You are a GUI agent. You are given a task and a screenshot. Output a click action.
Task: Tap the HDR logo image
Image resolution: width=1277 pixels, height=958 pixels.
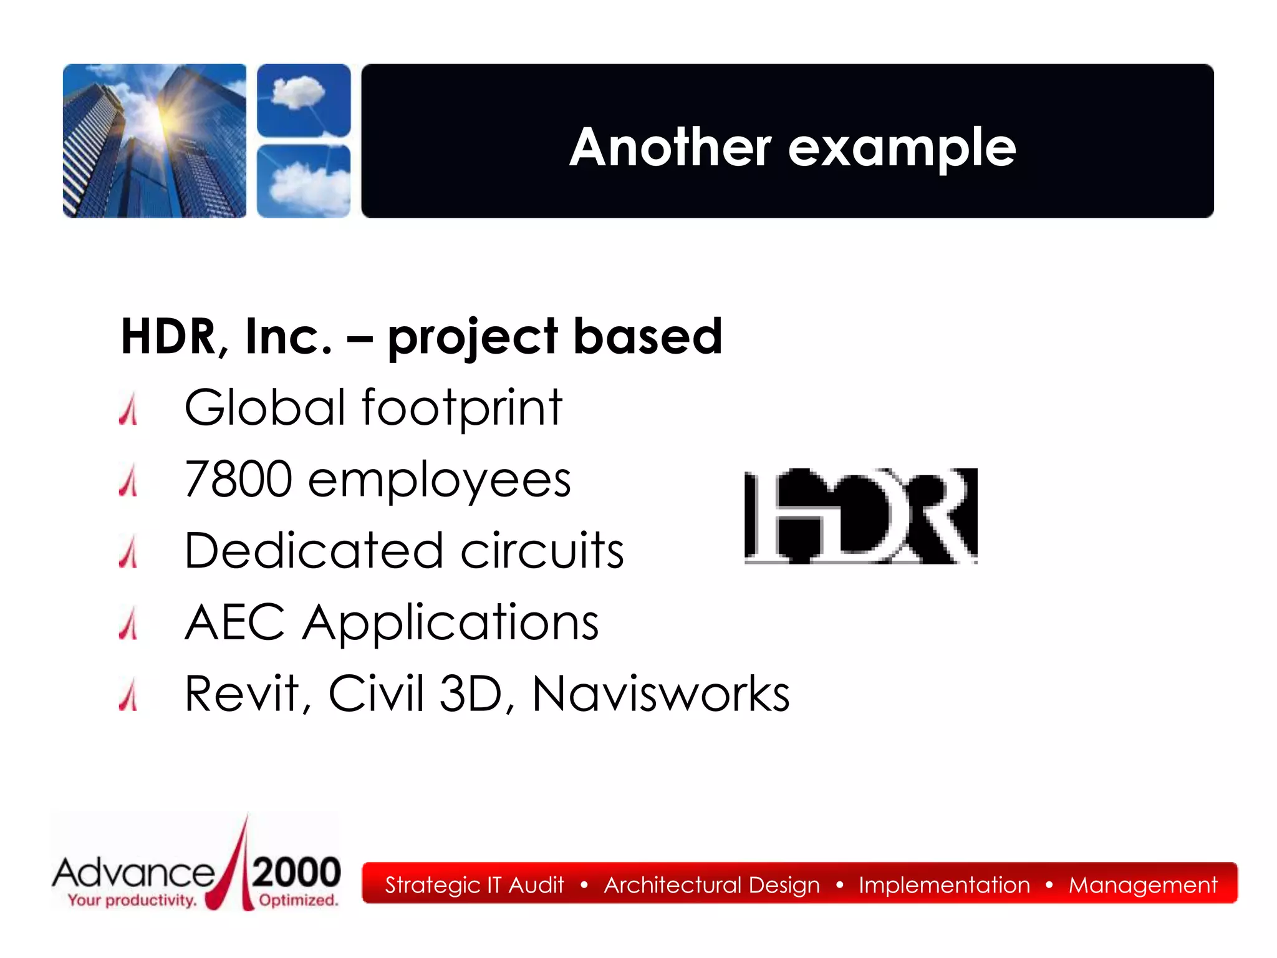coord(860,516)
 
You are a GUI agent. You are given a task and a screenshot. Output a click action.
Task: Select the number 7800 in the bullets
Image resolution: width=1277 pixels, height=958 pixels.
coord(238,479)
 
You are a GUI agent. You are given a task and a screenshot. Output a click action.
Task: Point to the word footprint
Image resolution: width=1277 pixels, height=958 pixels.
coord(461,408)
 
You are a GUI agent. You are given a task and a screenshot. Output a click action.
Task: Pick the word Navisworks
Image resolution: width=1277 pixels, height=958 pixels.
coord(660,694)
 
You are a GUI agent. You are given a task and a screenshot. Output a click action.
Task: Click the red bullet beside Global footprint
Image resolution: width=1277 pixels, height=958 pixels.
coord(128,410)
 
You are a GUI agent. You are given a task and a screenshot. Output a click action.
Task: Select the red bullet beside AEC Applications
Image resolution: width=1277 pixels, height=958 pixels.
coord(128,624)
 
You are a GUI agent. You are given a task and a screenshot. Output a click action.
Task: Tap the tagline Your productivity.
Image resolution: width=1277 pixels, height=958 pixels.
coord(132,900)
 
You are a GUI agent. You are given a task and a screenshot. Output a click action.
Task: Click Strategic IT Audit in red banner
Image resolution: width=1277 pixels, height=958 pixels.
coord(474,884)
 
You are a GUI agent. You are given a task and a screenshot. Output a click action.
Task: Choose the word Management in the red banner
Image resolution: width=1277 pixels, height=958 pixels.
coord(1142,884)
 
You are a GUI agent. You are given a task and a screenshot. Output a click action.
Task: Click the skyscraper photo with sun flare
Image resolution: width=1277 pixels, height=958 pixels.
coord(154,141)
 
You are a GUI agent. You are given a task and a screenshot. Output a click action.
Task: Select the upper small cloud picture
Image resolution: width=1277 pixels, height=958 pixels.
coord(304,100)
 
